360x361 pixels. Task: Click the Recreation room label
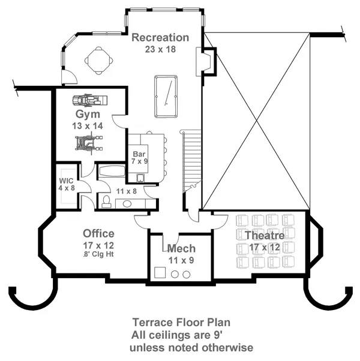[x=160, y=38]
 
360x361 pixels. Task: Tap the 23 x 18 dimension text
[x=160, y=49]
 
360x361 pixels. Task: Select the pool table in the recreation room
[x=166, y=97]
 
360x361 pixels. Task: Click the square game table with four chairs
[x=99, y=61]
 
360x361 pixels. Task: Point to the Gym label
[x=88, y=114]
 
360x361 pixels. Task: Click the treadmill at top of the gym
[x=90, y=100]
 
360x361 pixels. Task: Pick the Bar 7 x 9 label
[x=139, y=158]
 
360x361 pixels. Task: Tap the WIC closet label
[x=67, y=184]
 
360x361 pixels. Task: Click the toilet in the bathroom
[x=106, y=201]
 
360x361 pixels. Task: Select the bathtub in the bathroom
[x=112, y=172]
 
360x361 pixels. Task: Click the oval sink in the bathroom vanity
[x=127, y=204]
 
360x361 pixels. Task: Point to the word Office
[x=98, y=234]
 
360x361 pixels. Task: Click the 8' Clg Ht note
[x=98, y=255]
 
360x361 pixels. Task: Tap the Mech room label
[x=181, y=249]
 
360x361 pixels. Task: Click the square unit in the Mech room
[x=160, y=273]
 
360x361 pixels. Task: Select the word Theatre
[x=265, y=236]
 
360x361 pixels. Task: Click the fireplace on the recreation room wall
[x=206, y=62]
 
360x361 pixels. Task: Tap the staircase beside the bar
[x=191, y=161]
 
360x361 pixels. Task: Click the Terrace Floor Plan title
[x=181, y=323]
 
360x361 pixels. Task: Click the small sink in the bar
[x=140, y=178]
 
